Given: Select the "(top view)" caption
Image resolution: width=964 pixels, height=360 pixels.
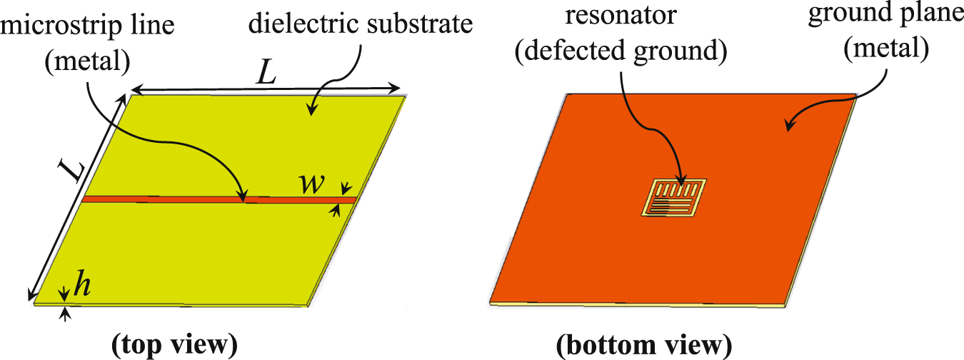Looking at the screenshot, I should click(x=174, y=345).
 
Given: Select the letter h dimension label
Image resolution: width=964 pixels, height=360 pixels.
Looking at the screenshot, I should click(x=83, y=286).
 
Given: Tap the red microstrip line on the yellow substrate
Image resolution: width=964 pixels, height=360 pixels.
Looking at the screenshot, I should click(x=179, y=199).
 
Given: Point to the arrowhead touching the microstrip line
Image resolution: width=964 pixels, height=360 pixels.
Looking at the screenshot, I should click(x=243, y=195).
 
